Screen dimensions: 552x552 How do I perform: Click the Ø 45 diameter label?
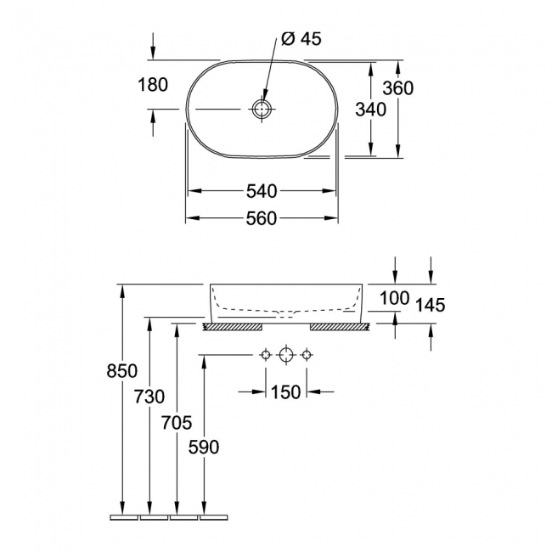(300, 40)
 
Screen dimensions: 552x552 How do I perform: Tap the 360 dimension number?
(397, 88)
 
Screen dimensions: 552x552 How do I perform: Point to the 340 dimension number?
(370, 110)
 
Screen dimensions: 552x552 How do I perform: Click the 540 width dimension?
(261, 191)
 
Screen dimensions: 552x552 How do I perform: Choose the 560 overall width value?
(261, 219)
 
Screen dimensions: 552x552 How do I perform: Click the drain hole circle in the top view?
(262, 110)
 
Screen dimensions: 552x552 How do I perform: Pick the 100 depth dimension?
(394, 298)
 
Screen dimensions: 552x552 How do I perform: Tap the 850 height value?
(124, 371)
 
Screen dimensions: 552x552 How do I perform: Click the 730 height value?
(149, 397)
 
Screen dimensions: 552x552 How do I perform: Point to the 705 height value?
(177, 422)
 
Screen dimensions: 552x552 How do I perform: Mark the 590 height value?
(204, 448)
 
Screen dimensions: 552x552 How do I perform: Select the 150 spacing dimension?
(286, 392)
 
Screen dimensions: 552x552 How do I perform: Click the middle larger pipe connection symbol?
(286, 354)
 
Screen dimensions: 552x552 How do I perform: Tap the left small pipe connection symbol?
(266, 354)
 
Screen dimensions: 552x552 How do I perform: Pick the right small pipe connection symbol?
(307, 354)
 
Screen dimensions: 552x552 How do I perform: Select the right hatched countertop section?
(339, 326)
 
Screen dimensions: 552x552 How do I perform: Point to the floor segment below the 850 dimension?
(124, 515)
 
